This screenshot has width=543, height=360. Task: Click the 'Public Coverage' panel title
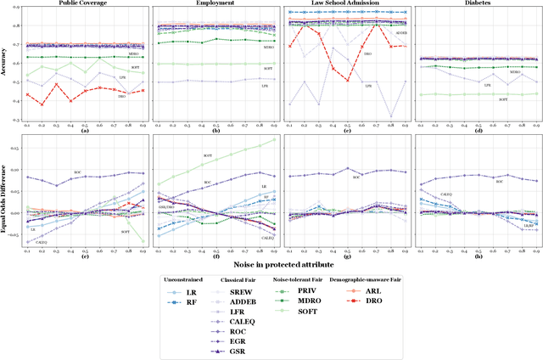(82, 3)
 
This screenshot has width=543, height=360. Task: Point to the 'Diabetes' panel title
(479, 3)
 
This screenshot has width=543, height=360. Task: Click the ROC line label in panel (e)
(78, 172)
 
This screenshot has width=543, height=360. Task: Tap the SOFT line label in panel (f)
(207, 155)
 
